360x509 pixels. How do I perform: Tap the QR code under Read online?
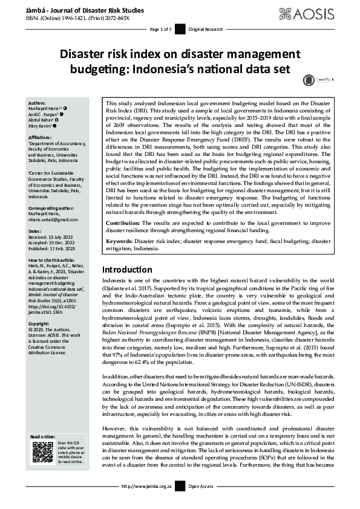[x=42, y=452]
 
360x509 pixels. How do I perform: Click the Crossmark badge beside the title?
[x=309, y=80]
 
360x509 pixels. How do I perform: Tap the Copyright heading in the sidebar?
[x=41, y=323]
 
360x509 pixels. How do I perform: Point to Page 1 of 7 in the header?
[x=161, y=29]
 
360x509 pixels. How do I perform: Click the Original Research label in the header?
[x=206, y=29]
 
